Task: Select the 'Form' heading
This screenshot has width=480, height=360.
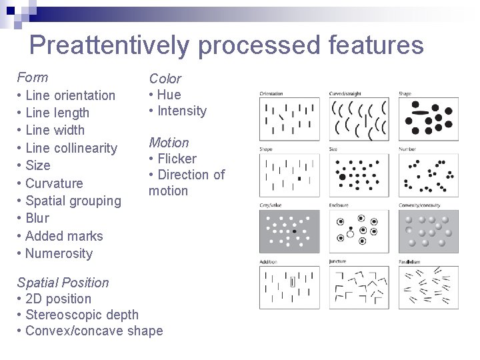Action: [33, 77]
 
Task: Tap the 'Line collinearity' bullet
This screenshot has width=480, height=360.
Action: [71, 147]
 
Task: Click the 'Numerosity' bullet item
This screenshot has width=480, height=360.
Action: [59, 253]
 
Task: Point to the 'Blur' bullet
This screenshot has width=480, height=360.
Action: [37, 218]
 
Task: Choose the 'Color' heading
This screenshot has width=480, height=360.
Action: [165, 79]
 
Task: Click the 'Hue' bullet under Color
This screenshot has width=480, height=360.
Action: [169, 95]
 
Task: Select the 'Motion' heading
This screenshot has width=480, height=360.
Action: [169, 143]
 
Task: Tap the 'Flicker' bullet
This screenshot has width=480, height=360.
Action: [177, 159]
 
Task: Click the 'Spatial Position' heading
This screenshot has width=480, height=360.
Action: [63, 283]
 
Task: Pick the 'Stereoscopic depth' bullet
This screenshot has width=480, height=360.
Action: [81, 315]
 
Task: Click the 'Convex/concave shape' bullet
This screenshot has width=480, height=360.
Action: [93, 331]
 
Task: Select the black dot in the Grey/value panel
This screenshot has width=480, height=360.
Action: [294, 231]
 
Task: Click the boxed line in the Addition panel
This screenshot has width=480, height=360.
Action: [292, 282]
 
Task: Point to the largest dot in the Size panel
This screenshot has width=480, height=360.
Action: [343, 177]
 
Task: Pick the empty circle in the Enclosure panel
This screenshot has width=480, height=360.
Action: [350, 235]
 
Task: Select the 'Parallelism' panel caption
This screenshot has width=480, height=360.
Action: [410, 261]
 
